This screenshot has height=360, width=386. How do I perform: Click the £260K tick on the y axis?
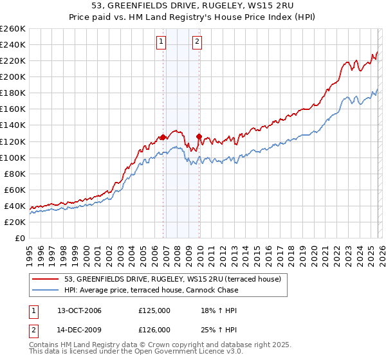click(x=13, y=29)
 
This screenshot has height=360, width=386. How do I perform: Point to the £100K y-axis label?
click(x=13, y=157)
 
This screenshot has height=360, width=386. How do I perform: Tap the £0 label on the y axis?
click(x=19, y=238)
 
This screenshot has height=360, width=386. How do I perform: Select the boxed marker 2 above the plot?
click(x=196, y=42)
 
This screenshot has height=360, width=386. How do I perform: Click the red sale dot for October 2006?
click(x=163, y=137)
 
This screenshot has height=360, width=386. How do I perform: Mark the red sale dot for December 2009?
click(x=199, y=136)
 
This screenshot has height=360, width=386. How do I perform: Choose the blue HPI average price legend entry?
click(x=151, y=290)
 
